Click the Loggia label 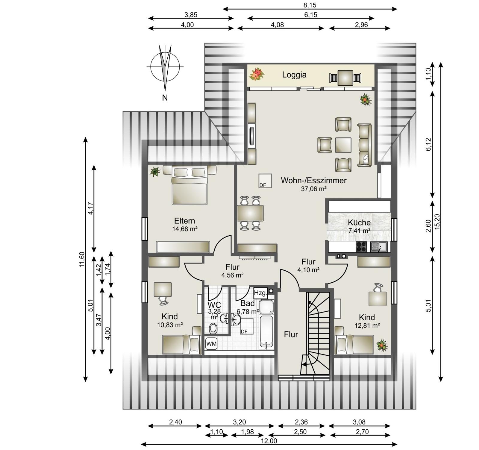click(294, 75)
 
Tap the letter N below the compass click(165, 98)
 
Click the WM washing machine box click(211, 344)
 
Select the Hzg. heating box click(260, 293)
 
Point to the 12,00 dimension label click(269, 441)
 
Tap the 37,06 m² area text click(313, 189)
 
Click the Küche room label click(359, 222)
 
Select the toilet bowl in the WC click(213, 328)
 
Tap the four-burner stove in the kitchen click(361, 247)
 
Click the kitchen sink click(379, 247)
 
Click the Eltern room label click(184, 221)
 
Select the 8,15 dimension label click(310, 5)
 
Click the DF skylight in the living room click(265, 181)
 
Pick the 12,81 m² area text click(367, 325)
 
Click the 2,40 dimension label click(175, 422)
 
